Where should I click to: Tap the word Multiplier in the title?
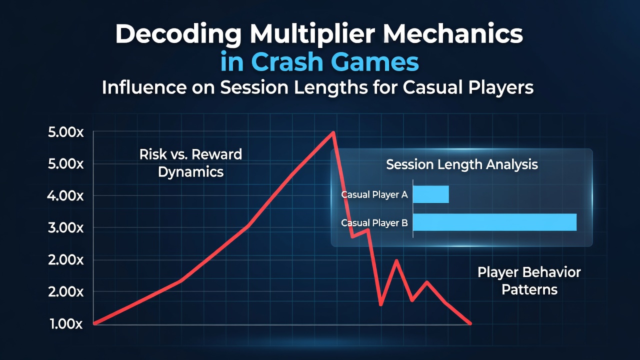coord(312,34)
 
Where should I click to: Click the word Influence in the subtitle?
coord(144,87)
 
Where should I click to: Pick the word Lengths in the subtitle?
coord(331,87)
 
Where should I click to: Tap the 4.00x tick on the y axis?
coord(65,196)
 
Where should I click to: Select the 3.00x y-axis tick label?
coord(65,228)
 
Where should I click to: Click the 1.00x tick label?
coord(66,324)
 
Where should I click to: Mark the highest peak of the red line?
coord(333,132)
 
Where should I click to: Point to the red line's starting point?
coord(95,323)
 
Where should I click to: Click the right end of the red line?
coord(470,323)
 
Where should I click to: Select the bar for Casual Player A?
coord(431,194)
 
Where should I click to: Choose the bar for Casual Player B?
coord(495,222)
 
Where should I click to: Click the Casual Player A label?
coord(374,194)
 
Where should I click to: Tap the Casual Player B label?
coord(374,223)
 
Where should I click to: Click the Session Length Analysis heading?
coord(462,164)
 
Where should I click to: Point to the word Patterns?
coord(529,289)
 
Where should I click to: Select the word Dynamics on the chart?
coord(190,172)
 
